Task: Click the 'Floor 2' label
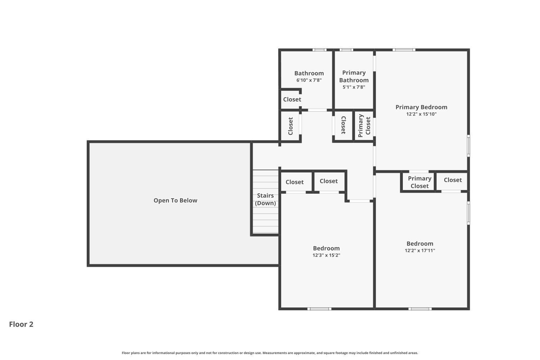pos(21,324)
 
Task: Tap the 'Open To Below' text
pos(175,201)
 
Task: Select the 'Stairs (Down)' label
pos(265,199)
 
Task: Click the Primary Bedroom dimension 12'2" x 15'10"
pos(421,114)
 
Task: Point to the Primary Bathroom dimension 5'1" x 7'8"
pos(354,87)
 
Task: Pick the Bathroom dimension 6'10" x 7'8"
pos(309,80)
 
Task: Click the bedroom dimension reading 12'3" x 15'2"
pos(326,255)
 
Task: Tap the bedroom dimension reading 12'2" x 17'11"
pos(420,251)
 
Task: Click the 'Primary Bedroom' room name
pos(421,107)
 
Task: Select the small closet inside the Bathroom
pos(291,99)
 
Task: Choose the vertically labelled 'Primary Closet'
pos(364,126)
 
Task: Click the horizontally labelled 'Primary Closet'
pos(419,182)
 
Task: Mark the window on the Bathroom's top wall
pos(319,50)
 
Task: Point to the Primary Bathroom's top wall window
pos(346,50)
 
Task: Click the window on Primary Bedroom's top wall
pos(404,50)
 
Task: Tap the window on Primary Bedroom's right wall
pos(468,146)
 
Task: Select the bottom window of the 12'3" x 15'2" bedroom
pos(319,309)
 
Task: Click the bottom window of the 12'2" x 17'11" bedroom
pos(420,309)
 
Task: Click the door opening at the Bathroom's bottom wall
pos(317,110)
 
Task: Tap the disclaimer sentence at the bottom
pos(270,353)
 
